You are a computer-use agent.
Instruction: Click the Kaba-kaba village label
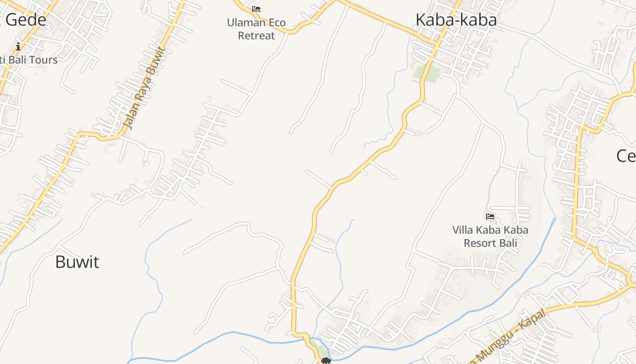coord(456,20)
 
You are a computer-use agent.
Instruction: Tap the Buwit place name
coord(77,262)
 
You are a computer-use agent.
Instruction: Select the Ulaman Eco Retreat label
coord(257,29)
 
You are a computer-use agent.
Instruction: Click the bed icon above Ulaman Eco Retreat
coord(256,9)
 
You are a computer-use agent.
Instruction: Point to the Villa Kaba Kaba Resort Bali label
coord(490,236)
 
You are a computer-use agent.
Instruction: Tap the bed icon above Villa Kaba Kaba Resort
coord(490,217)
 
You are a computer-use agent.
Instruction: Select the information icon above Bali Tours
coord(18,46)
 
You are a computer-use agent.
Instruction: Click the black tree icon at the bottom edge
coord(325,361)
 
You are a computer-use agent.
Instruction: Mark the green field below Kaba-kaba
coord(427,74)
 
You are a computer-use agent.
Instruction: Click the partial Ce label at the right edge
coord(626,156)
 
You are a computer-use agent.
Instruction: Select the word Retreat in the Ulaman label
coord(257,36)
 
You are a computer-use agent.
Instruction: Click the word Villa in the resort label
coord(463,230)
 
